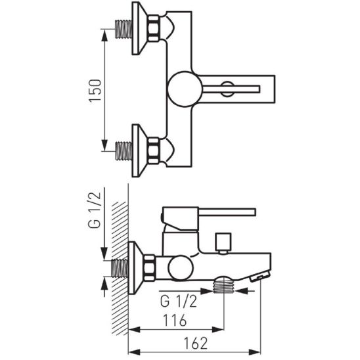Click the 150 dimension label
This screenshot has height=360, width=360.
click(x=95, y=91)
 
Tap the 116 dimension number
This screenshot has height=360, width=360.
click(x=175, y=321)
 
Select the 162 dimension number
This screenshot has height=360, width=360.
click(x=196, y=343)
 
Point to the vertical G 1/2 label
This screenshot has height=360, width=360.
click(x=95, y=210)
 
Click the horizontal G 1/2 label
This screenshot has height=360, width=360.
click(x=179, y=302)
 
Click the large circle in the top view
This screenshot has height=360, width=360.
click(x=185, y=89)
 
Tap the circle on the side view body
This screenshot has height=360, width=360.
click(x=181, y=268)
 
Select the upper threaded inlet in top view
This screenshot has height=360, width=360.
click(x=124, y=29)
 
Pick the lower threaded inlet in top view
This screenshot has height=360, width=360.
click(x=124, y=151)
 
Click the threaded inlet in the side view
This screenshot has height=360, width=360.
click(x=120, y=268)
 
